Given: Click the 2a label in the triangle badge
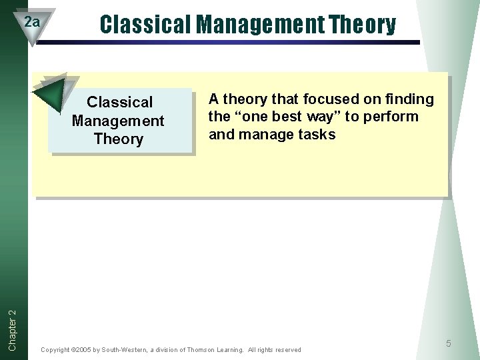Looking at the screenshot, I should click(x=31, y=22).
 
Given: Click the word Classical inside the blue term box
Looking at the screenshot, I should click(x=120, y=103).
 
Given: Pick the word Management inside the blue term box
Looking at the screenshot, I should click(x=118, y=121).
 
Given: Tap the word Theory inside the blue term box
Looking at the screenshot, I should click(x=119, y=139).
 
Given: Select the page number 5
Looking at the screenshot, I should click(x=449, y=343).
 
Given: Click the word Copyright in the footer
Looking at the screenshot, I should click(x=55, y=350).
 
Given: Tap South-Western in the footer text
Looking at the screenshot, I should click(x=123, y=350).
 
